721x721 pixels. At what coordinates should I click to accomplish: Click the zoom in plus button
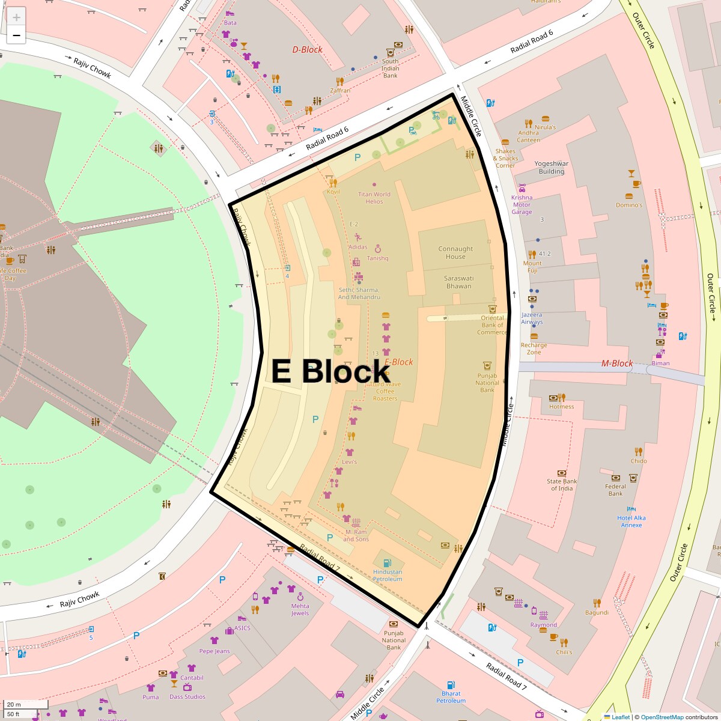[16, 17]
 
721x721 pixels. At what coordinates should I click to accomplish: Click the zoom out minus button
[16, 35]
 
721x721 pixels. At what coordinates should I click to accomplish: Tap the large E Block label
[330, 371]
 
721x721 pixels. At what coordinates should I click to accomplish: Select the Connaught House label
[455, 253]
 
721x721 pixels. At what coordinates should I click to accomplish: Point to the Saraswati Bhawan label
[459, 282]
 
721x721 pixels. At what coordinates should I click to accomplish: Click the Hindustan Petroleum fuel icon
[388, 564]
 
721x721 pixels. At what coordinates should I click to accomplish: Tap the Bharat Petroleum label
[451, 697]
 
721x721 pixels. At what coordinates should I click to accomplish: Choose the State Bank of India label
[562, 485]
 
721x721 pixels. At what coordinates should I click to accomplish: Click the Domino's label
[629, 205]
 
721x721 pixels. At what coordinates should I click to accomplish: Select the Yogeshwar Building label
[552, 167]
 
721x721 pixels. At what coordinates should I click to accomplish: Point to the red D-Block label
[307, 50]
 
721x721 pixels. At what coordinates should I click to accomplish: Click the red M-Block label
[617, 364]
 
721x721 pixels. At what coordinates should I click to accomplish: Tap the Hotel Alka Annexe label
[631, 522]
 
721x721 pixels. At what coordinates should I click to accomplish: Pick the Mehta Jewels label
[300, 609]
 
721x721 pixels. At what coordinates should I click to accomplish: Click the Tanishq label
[378, 258]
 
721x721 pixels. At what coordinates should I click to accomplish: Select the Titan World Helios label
[374, 198]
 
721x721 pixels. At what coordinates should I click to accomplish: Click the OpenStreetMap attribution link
[662, 717]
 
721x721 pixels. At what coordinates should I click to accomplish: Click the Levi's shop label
[349, 462]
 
